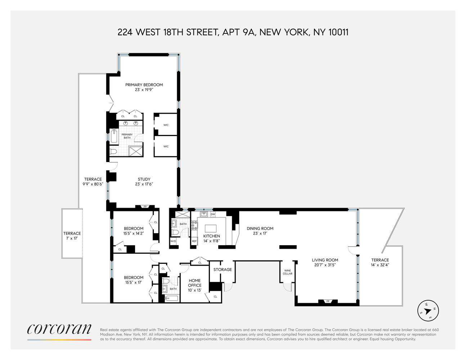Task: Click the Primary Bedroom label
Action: (144, 85)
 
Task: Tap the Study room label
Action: (144, 179)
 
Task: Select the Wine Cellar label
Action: (287, 272)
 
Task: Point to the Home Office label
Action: (194, 283)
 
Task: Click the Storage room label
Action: (223, 270)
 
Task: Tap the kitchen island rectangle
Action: (211, 228)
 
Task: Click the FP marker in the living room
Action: (328, 301)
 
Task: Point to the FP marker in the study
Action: (145, 207)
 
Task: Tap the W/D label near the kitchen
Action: (173, 241)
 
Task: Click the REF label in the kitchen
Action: (194, 241)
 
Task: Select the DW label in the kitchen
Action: (212, 214)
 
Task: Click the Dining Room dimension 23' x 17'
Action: (260, 233)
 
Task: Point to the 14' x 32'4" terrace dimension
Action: (380, 265)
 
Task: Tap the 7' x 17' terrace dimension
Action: (72, 238)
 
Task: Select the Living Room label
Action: (325, 260)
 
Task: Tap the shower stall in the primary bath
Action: (135, 151)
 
